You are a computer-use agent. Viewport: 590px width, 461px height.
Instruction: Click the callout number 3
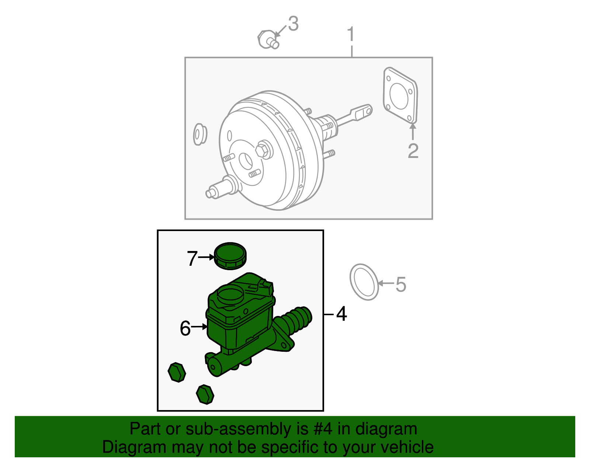[293, 24]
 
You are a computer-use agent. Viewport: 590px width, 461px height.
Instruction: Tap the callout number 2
[413, 151]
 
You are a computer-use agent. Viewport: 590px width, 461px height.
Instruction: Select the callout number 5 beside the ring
[401, 285]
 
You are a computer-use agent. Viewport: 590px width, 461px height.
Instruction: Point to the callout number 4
[342, 314]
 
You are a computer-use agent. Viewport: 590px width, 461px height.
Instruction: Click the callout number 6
[185, 328]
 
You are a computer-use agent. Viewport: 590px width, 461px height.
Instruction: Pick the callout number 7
[192, 258]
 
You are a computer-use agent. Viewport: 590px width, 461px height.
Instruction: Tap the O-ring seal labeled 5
[364, 282]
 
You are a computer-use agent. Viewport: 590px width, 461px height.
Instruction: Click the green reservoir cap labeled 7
[230, 255]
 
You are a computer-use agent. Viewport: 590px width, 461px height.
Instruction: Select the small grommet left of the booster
[200, 134]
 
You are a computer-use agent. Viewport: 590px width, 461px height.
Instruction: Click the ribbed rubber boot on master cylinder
[297, 320]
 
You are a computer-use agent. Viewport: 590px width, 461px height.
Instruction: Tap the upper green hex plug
[177, 372]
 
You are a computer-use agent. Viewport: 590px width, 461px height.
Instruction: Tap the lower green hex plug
[205, 394]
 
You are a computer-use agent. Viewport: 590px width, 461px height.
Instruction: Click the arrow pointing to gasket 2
[413, 132]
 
